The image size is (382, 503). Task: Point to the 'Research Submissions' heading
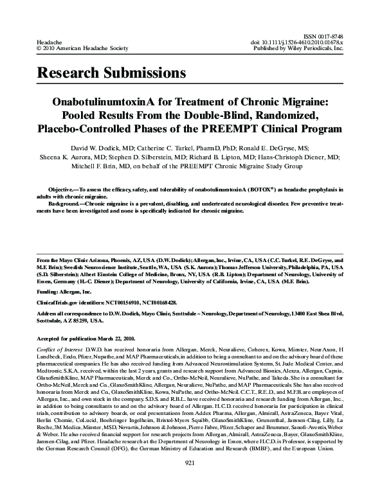tap(111, 73)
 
